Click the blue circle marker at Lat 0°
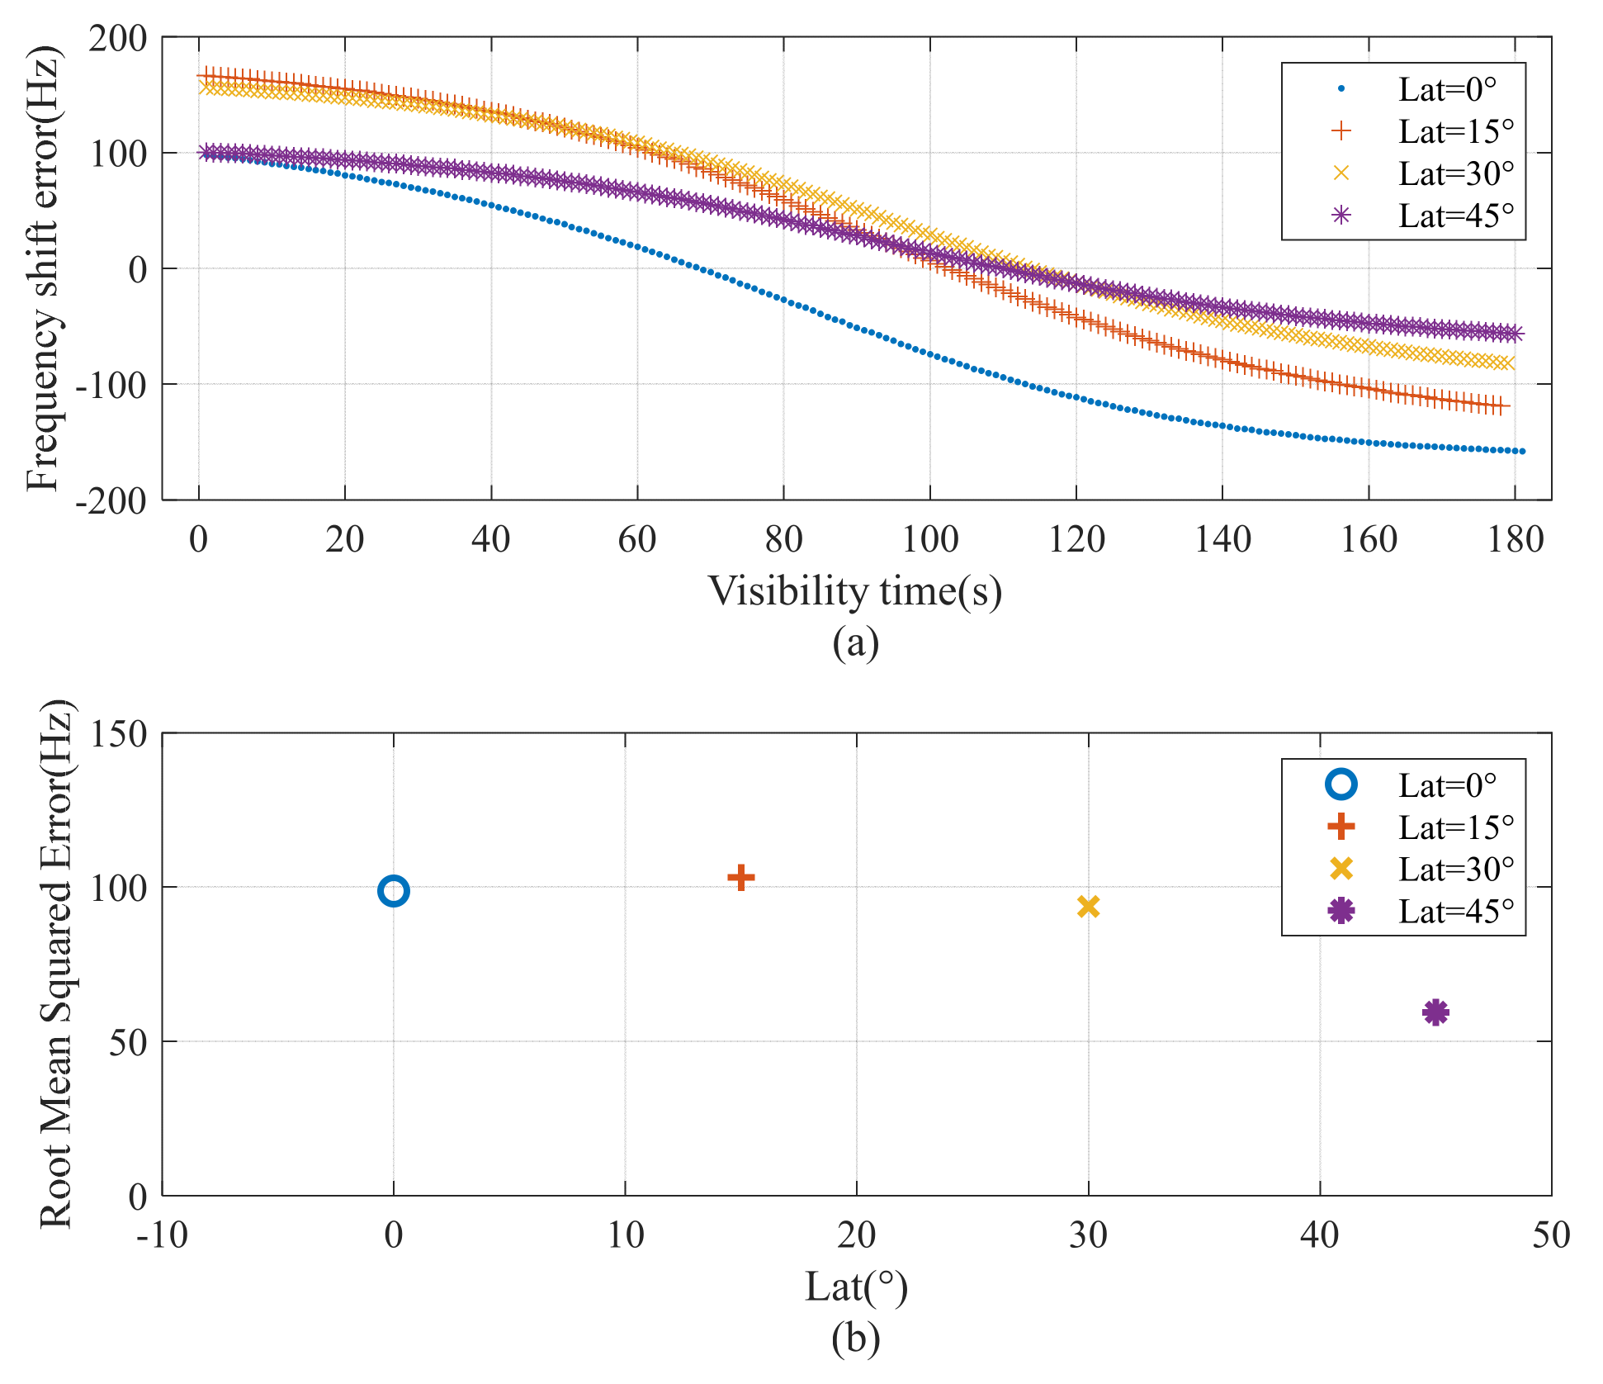394,891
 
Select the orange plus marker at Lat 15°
740,877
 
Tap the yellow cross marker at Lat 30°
1088,907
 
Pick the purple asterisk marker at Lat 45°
1435,1012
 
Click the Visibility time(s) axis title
855,591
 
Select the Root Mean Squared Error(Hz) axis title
56,964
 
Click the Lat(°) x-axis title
856,1287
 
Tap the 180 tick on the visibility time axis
1515,540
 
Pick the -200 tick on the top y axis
111,500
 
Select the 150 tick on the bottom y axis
118,733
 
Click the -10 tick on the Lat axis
162,1235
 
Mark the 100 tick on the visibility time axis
929,540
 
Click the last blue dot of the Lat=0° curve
1522,451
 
